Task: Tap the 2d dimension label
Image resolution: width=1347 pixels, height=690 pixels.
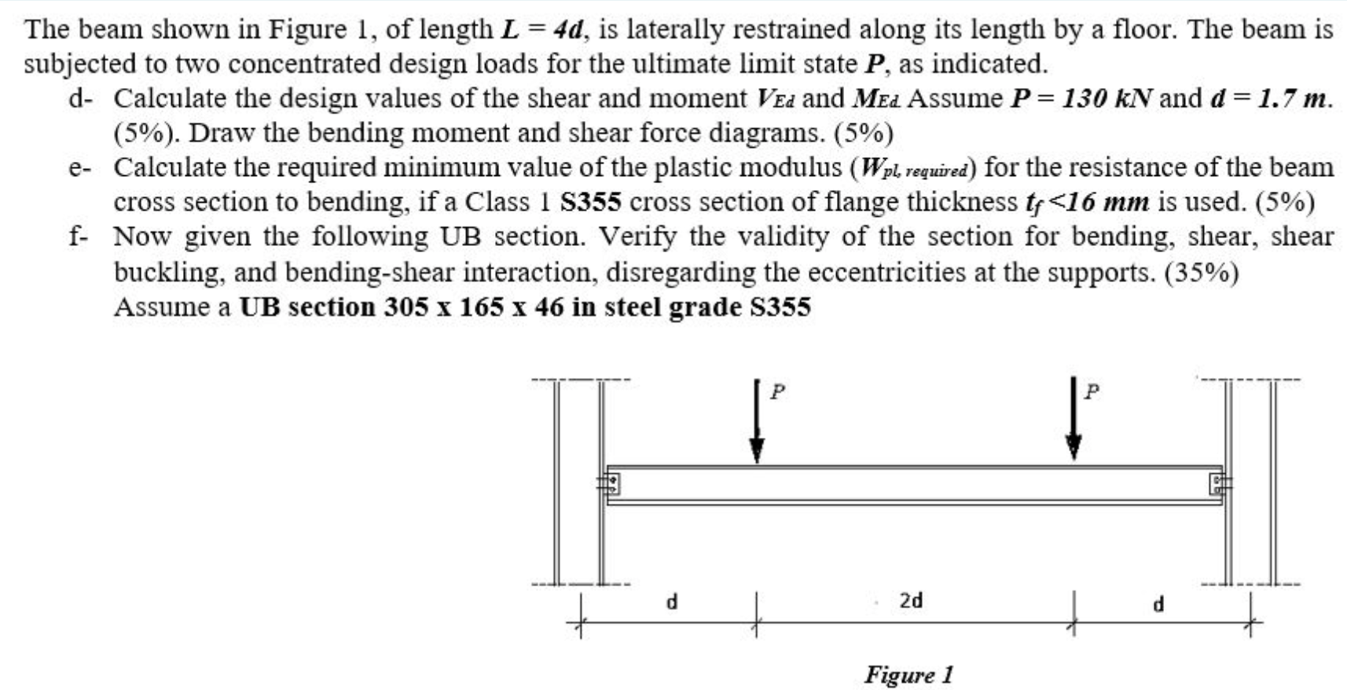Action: (x=911, y=601)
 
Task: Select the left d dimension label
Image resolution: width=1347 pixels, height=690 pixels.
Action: (x=671, y=603)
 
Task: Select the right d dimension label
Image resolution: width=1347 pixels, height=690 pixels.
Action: (x=1157, y=604)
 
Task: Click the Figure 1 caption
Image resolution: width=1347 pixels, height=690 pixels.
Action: (x=908, y=674)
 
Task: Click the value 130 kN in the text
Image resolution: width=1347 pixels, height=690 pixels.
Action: (x=1108, y=98)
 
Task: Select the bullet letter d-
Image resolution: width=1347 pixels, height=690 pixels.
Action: (x=79, y=99)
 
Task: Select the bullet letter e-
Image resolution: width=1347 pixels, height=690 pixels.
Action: (x=79, y=167)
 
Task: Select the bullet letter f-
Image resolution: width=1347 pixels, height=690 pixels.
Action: (x=78, y=237)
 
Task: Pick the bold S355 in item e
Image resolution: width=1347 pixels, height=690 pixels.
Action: (x=590, y=202)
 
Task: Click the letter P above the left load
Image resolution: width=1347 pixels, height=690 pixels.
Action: (x=776, y=391)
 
